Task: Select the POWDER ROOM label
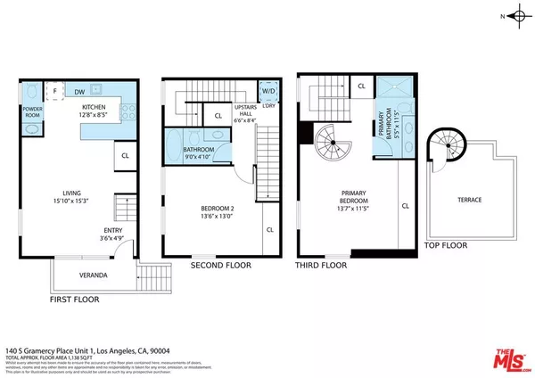tap(32, 111)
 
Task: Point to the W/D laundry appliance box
tap(267, 91)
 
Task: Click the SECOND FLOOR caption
tap(221, 265)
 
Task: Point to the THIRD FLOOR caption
tap(321, 265)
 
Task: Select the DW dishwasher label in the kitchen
tap(80, 91)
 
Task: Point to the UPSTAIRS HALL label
tap(246, 111)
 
